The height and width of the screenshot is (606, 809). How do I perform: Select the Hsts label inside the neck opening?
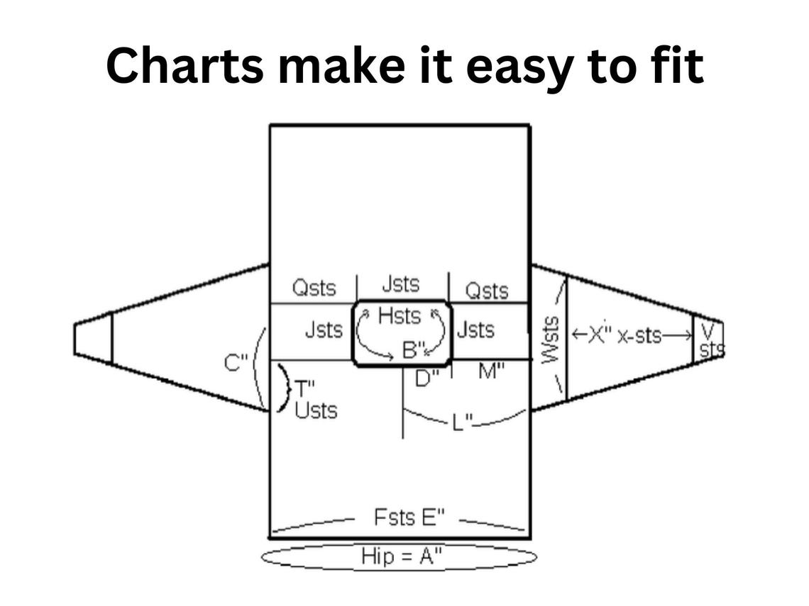[400, 316]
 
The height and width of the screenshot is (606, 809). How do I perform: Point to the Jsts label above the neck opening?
[401, 284]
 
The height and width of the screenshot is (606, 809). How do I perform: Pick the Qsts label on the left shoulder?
[314, 288]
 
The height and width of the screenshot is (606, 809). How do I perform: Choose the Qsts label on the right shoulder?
[487, 291]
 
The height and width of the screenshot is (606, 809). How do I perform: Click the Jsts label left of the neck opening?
[324, 330]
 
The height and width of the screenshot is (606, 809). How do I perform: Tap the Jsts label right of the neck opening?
[475, 330]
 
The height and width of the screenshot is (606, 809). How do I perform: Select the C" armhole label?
[236, 363]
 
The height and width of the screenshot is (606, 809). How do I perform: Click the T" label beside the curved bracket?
[302, 388]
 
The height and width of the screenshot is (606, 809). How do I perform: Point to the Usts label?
[316, 410]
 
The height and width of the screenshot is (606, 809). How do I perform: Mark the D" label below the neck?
[426, 378]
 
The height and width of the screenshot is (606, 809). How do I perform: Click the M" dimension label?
[491, 371]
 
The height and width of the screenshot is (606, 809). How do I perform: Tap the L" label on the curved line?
[463, 422]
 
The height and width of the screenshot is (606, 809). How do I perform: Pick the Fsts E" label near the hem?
[409, 517]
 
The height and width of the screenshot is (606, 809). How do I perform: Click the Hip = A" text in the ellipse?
[401, 556]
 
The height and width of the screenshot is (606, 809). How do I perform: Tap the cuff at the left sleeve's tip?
[93, 339]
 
